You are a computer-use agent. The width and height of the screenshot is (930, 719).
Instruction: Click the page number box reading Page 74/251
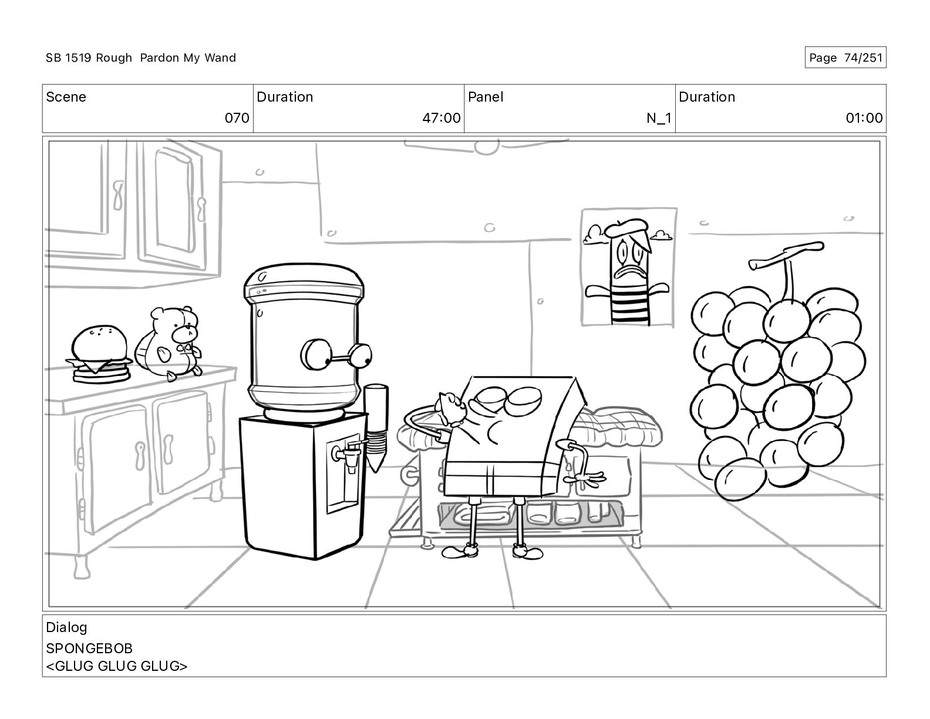[x=845, y=58]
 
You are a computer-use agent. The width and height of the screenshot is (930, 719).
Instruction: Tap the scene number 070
[x=237, y=117]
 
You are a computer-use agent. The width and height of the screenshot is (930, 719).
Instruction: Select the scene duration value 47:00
[x=442, y=117]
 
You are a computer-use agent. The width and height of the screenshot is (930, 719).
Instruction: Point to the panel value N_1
[x=659, y=117]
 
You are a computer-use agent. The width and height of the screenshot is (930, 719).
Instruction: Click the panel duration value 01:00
[x=864, y=117]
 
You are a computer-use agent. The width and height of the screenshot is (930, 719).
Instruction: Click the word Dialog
[x=66, y=627]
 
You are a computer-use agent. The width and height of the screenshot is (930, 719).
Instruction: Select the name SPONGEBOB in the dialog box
[x=89, y=649]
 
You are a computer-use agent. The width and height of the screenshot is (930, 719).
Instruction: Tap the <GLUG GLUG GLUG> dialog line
[x=116, y=666]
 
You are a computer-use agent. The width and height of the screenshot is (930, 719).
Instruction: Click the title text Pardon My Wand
[x=188, y=58]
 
